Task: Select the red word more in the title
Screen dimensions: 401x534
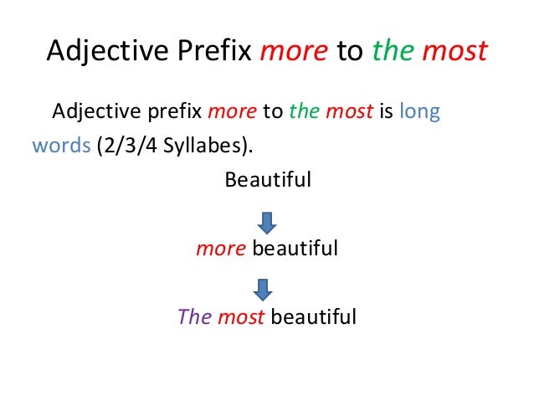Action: [x=294, y=52]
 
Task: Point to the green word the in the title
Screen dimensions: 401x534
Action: [x=390, y=52]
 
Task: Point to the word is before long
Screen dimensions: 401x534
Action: [x=386, y=112]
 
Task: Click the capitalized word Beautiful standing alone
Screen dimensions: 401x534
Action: [x=268, y=180]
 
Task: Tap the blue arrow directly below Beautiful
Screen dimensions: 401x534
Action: [x=265, y=222]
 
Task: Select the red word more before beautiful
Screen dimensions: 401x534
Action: [x=220, y=249]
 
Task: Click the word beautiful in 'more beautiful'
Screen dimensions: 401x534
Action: [x=295, y=249]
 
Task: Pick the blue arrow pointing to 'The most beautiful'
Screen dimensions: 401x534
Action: [x=263, y=290]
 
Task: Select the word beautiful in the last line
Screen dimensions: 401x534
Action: [x=313, y=317]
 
